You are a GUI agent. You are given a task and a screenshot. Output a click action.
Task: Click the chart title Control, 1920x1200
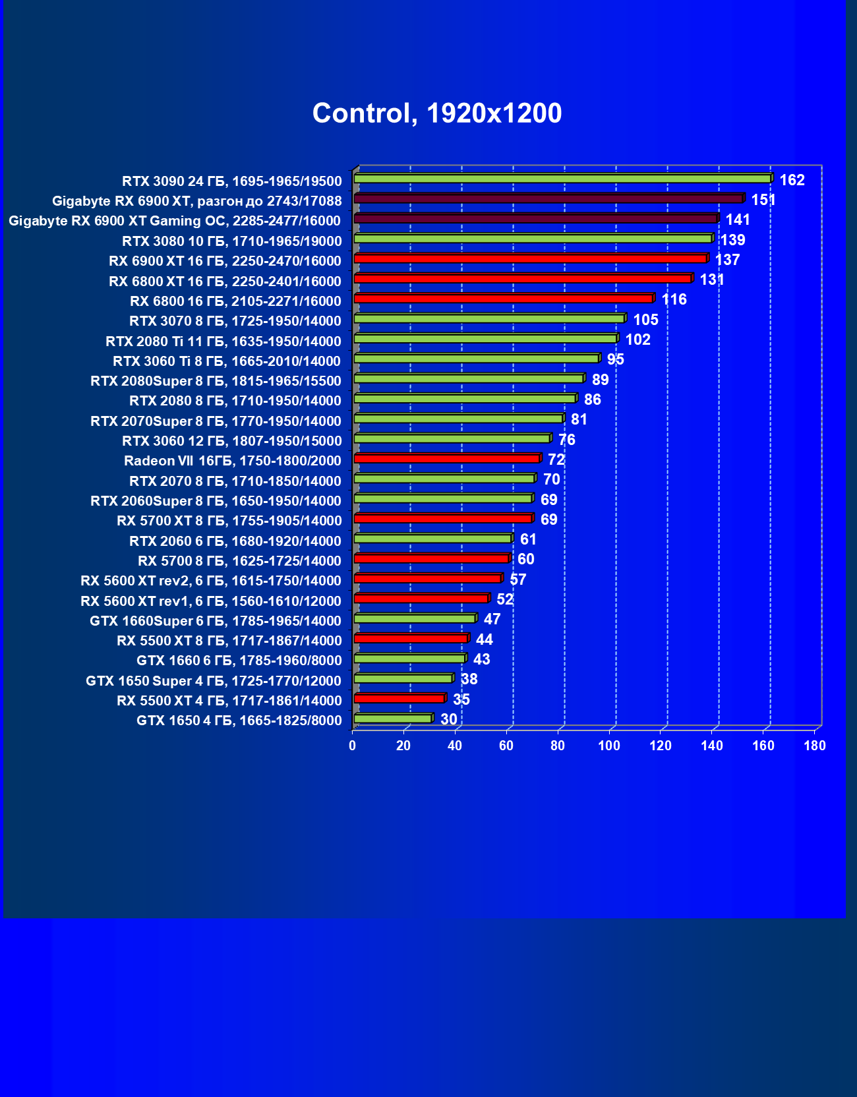tap(437, 113)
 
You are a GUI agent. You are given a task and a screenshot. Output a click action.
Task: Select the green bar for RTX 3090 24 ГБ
tap(562, 179)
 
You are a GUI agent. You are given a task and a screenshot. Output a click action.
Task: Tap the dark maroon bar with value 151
tap(548, 198)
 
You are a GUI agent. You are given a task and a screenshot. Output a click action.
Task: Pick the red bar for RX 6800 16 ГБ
tap(504, 299)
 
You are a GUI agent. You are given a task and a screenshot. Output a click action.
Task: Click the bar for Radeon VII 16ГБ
tap(447, 458)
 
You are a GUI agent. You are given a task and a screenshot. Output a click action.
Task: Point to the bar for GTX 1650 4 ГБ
tap(393, 718)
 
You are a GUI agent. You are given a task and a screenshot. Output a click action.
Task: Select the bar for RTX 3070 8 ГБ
tap(489, 318)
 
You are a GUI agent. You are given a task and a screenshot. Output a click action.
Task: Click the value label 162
tap(792, 180)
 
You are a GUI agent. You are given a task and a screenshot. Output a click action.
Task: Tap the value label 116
tap(674, 300)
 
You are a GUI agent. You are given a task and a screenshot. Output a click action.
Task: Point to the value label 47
tap(492, 620)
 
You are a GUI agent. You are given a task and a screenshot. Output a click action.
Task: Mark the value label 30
tap(448, 719)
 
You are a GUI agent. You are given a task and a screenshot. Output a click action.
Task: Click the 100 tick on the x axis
tap(609, 746)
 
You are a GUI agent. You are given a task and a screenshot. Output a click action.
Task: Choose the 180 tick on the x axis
tap(815, 746)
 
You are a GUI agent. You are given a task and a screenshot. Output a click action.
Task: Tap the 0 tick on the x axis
tap(353, 746)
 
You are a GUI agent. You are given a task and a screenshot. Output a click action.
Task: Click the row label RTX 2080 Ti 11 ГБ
tap(223, 341)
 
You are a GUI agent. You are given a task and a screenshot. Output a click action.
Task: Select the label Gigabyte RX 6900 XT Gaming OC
tap(175, 221)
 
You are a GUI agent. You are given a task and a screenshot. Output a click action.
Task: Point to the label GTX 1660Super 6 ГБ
tap(216, 621)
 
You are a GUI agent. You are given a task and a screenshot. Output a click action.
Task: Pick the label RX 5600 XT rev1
tap(211, 601)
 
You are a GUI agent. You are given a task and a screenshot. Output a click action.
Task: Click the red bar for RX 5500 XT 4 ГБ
tap(399, 698)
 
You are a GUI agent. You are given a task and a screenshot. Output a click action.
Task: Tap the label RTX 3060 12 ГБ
tap(232, 441)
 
